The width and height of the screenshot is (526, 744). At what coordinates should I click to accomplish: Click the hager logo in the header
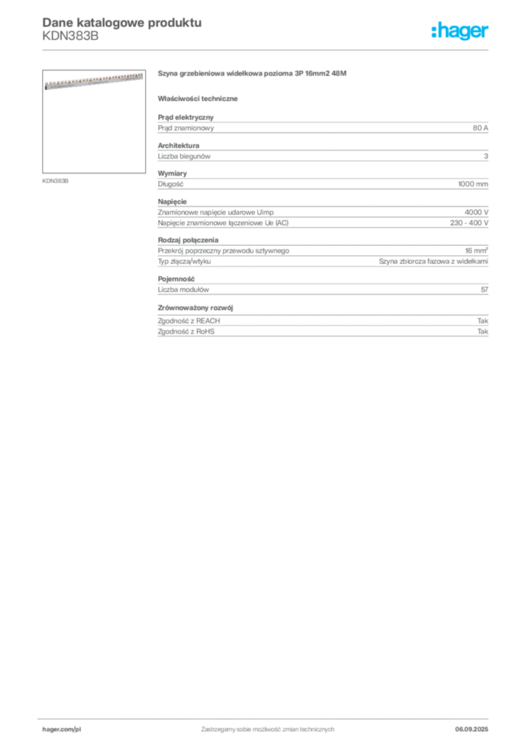460,31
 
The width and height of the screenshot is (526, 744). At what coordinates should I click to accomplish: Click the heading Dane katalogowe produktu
122,23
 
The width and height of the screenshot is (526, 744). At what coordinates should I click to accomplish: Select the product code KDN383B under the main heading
70,36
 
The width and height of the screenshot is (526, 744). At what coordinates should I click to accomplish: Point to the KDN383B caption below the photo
55,181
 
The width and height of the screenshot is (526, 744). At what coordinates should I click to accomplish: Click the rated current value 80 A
480,128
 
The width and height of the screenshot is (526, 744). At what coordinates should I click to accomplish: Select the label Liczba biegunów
184,156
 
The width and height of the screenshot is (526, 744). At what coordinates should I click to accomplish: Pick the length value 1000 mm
473,184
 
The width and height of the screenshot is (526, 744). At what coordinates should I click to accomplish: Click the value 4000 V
476,212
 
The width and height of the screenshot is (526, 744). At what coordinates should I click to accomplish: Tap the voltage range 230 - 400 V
469,222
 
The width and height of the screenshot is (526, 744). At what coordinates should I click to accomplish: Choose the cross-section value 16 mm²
477,250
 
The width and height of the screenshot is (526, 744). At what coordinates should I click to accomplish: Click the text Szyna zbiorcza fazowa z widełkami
434,261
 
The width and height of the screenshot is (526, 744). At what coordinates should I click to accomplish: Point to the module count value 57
485,289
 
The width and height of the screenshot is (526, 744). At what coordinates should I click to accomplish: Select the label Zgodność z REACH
189,320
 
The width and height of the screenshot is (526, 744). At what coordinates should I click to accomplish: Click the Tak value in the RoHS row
483,331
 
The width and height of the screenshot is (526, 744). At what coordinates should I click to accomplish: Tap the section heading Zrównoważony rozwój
195,307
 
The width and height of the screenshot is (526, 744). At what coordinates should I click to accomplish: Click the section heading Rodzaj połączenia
188,240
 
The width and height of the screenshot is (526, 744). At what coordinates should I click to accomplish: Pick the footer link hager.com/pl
58,729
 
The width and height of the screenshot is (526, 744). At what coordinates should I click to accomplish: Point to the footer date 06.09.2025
472,729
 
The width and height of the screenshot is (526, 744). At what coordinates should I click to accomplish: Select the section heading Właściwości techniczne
198,99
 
